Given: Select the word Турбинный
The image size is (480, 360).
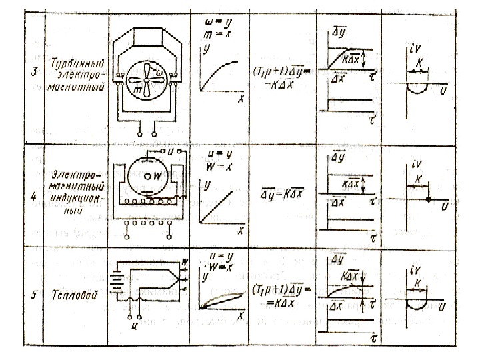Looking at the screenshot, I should (77, 69).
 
